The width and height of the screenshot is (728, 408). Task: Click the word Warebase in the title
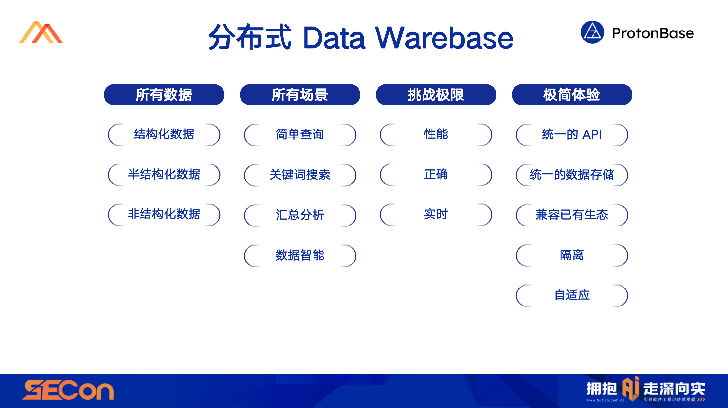[x=444, y=38]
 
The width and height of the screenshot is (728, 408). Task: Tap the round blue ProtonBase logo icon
[x=592, y=32]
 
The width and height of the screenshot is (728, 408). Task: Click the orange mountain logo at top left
[x=41, y=32]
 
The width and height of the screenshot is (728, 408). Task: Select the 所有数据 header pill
[x=164, y=95]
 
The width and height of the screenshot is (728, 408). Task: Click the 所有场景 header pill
[x=300, y=95]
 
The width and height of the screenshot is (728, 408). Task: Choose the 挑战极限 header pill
[x=436, y=95]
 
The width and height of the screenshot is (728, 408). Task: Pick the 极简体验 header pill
[x=572, y=95]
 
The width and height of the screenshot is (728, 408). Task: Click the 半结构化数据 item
[x=164, y=174]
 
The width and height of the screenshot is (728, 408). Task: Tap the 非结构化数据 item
[x=164, y=214]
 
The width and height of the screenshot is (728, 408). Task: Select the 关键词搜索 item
[x=300, y=175]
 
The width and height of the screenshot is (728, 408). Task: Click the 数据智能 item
[x=300, y=255]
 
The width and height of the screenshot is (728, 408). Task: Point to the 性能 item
[x=436, y=134]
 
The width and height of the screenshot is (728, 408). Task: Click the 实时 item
[x=436, y=214]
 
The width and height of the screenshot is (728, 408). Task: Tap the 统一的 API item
[x=572, y=135]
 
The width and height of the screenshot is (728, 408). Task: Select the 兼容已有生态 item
[x=572, y=215]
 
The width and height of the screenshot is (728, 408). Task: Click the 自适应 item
[x=572, y=295]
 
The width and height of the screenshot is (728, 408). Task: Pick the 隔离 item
[x=572, y=255]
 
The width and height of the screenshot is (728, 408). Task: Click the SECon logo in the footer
[x=68, y=390]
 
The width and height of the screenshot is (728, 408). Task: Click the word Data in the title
[x=334, y=38]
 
